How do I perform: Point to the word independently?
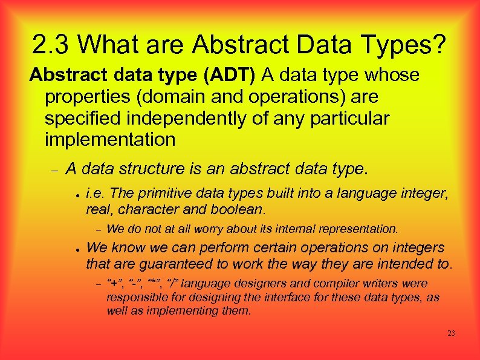pos(196,119)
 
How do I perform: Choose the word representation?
pos(359,229)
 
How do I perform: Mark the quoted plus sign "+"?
pos(114,283)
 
